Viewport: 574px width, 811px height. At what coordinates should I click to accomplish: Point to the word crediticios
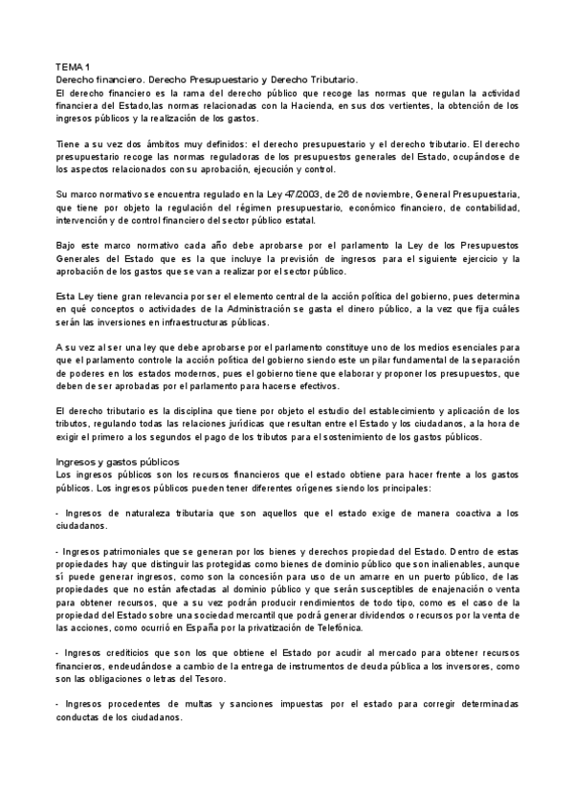coord(125,651)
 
